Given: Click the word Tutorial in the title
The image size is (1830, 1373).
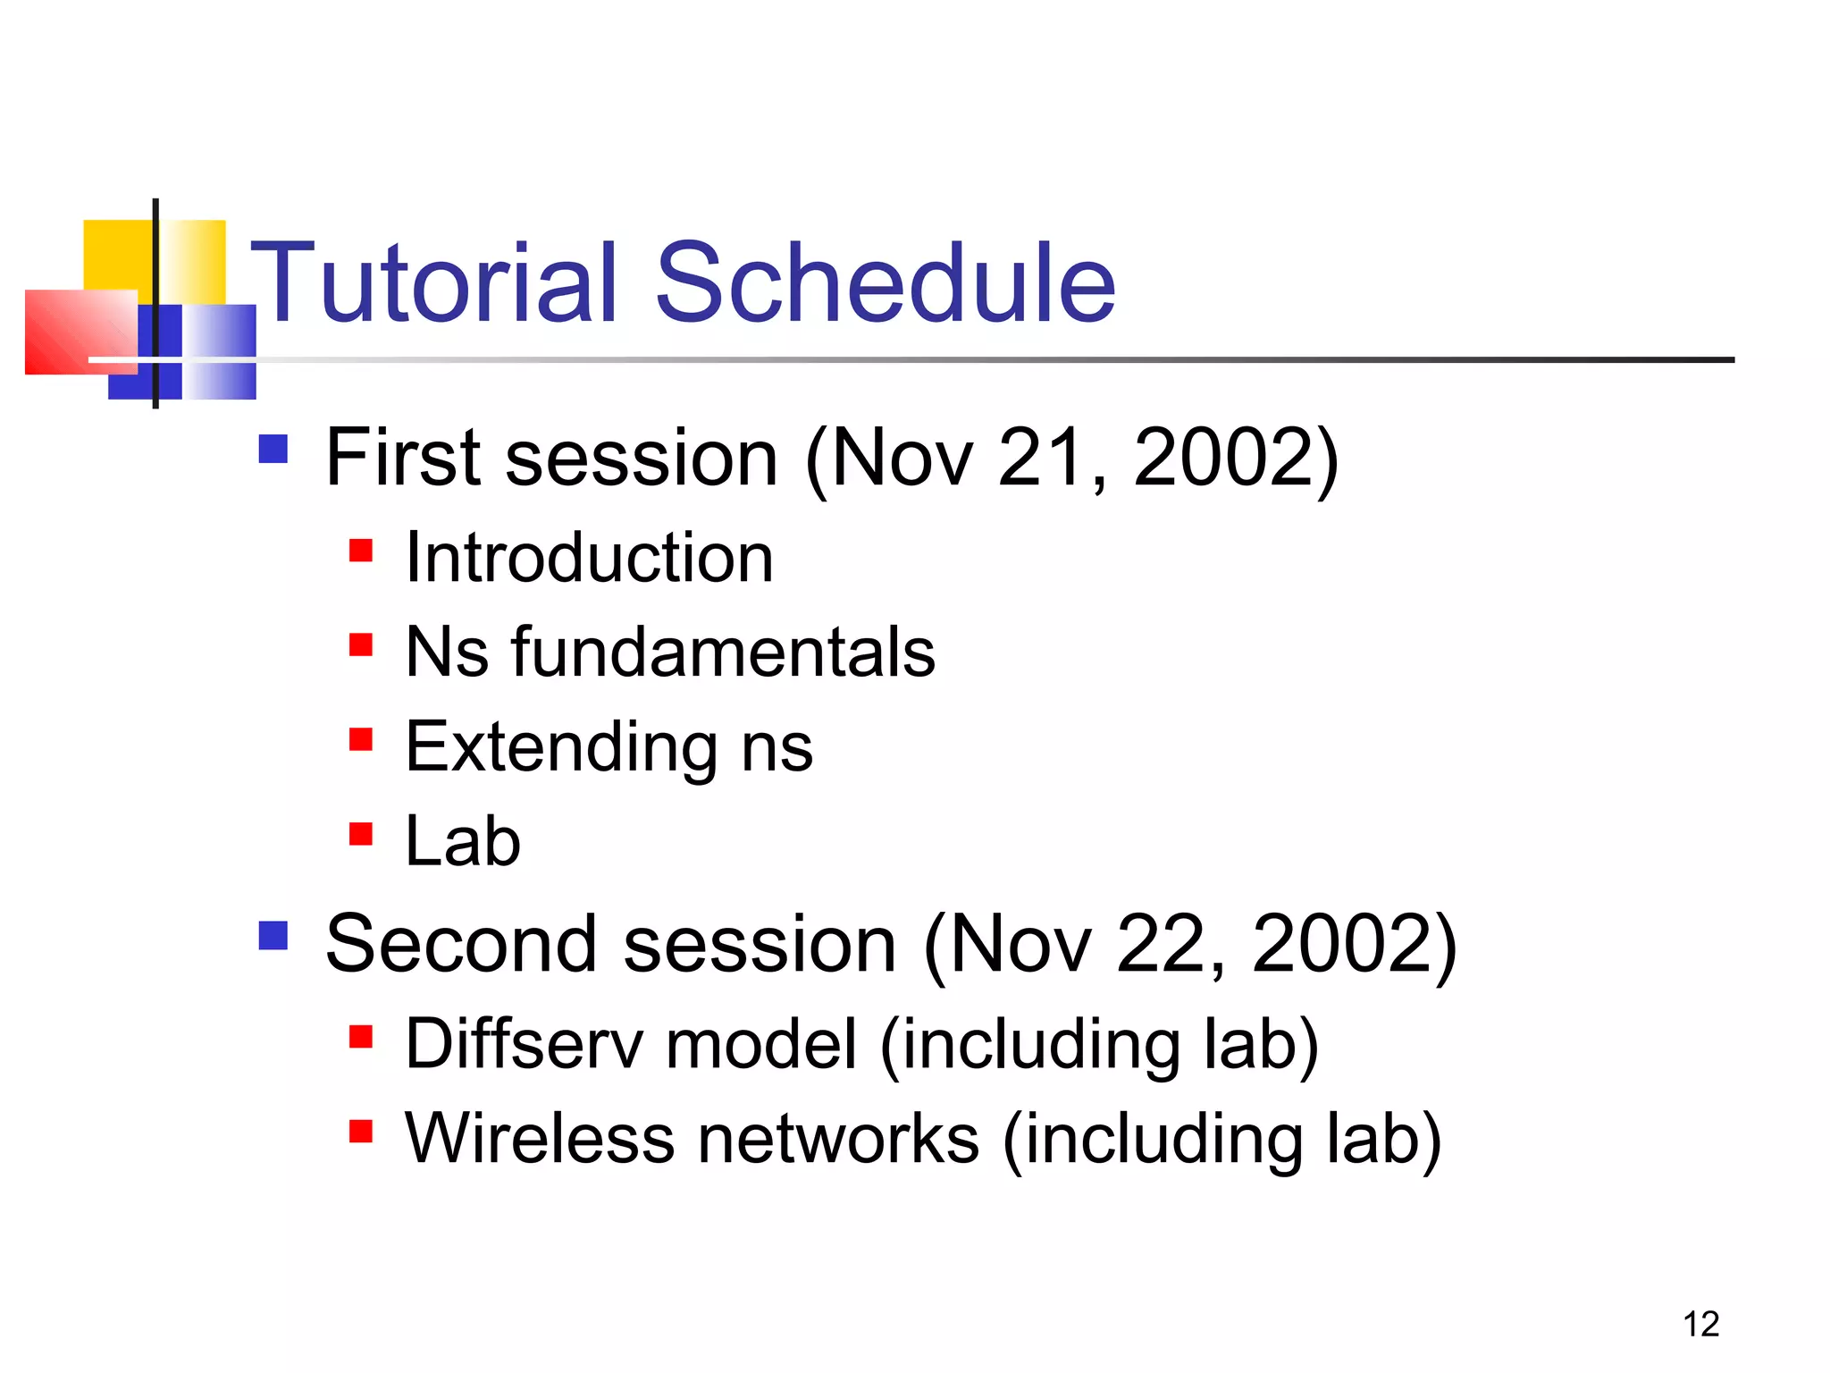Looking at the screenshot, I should [x=433, y=284].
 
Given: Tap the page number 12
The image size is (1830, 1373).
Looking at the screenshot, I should [x=1700, y=1324].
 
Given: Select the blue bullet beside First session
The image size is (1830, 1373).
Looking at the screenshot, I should [x=273, y=449].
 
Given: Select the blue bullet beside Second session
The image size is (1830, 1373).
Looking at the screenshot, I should [x=273, y=936].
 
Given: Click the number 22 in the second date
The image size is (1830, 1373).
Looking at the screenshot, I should [x=1159, y=945].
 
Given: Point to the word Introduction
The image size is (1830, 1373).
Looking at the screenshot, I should [x=589, y=558].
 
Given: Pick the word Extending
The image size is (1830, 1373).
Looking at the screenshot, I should [x=561, y=747].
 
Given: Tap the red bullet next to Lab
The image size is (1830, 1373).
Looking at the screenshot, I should [x=360, y=834].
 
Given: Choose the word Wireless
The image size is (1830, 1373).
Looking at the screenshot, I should [x=540, y=1139].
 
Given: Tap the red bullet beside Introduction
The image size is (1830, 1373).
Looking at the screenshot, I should [x=360, y=550].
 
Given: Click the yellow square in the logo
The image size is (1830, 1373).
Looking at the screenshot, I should [x=116, y=255].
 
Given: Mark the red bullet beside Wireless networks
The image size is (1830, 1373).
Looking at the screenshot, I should [x=360, y=1132].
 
